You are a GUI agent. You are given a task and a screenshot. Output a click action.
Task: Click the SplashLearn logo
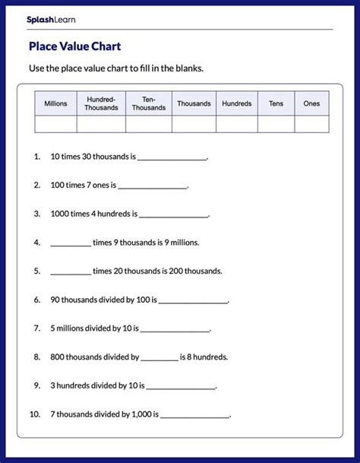tap(51, 19)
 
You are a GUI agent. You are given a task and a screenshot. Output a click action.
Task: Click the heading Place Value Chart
tap(74, 46)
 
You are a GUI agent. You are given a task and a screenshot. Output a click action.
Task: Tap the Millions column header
tap(55, 103)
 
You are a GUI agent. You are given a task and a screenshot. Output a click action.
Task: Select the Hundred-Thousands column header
tap(103, 103)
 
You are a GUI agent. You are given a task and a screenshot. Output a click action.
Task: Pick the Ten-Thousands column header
tap(149, 103)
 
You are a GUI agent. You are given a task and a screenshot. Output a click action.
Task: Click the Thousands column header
tap(194, 103)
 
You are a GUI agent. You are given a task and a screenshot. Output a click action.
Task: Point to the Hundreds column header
tap(236, 103)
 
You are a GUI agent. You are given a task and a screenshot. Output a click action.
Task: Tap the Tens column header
tap(275, 103)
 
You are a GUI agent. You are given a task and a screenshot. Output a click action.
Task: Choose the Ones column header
tap(311, 103)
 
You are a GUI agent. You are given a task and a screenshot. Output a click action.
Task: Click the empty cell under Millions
tap(55, 124)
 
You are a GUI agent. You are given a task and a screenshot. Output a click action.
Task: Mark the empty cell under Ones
tap(311, 124)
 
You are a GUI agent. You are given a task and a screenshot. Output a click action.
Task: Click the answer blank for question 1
tap(172, 158)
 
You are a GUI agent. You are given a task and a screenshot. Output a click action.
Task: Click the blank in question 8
tap(159, 357)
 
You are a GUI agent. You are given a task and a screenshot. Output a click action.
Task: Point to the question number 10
tap(34, 414)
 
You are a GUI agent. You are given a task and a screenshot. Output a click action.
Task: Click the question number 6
tap(36, 300)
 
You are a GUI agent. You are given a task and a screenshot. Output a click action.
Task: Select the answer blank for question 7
tap(175, 329)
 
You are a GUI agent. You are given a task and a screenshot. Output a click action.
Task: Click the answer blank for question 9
tap(181, 386)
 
